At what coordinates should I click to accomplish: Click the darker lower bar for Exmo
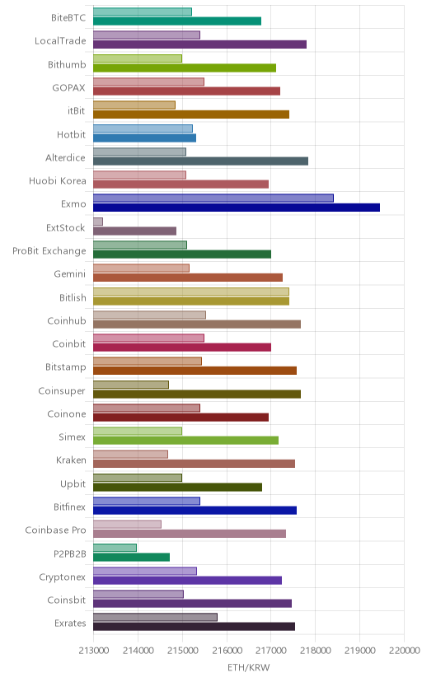237,208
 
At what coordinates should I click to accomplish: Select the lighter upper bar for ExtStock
98,222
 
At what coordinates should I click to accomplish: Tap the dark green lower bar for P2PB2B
131,557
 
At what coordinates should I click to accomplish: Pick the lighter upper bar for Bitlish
191,292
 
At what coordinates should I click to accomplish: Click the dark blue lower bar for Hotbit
144,138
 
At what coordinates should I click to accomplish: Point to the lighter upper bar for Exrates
155,617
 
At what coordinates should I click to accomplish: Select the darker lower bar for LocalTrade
199,44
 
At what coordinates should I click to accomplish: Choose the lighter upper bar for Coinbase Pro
127,524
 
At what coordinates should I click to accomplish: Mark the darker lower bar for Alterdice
200,161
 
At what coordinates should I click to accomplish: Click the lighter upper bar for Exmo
213,199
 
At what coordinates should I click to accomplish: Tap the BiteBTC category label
68,18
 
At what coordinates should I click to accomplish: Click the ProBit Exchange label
49,251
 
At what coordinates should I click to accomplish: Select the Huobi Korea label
58,181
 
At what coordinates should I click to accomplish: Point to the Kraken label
71,460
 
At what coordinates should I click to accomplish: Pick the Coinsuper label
62,390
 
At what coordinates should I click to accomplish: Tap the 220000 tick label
404,650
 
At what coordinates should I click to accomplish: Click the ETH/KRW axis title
249,668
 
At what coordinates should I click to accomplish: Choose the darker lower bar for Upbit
177,487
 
